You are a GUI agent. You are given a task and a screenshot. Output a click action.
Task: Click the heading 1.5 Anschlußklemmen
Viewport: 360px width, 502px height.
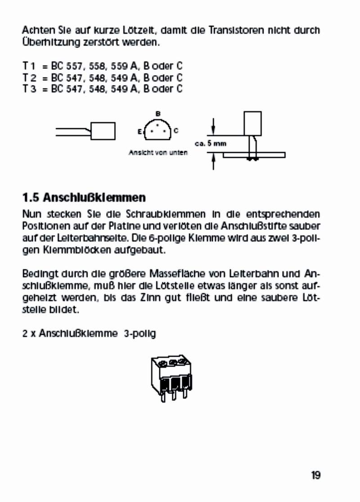pyautogui.click(x=84, y=197)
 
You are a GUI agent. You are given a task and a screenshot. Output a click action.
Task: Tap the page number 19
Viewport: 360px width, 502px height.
pyautogui.click(x=315, y=475)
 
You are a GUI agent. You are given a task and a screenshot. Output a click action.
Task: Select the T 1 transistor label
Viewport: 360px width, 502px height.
pyautogui.click(x=28, y=66)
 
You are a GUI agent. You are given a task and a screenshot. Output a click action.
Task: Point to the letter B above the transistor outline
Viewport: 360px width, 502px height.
pyautogui.click(x=157, y=113)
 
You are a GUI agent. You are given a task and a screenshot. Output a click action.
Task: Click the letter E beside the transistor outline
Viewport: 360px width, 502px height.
pyautogui.click(x=140, y=131)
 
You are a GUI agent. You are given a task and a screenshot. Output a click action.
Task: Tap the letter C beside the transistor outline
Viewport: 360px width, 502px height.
pyautogui.click(x=176, y=131)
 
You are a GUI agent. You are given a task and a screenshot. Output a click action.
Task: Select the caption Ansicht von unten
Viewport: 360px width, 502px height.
pyautogui.click(x=158, y=152)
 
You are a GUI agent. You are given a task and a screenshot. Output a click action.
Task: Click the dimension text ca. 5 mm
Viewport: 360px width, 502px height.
pyautogui.click(x=210, y=144)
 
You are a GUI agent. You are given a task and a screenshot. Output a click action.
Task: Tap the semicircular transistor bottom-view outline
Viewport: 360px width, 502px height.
pyautogui.click(x=157, y=130)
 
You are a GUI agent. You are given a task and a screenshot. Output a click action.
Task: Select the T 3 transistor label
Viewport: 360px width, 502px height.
pyautogui.click(x=28, y=89)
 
